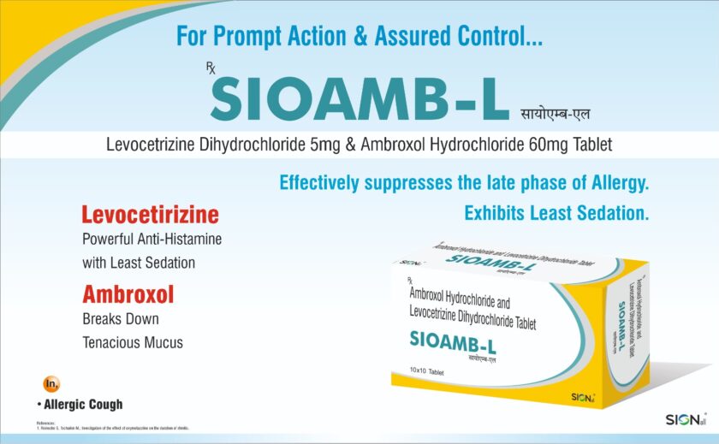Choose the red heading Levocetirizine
[150, 214]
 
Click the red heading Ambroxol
[128, 295]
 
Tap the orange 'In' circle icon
[51, 383]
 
